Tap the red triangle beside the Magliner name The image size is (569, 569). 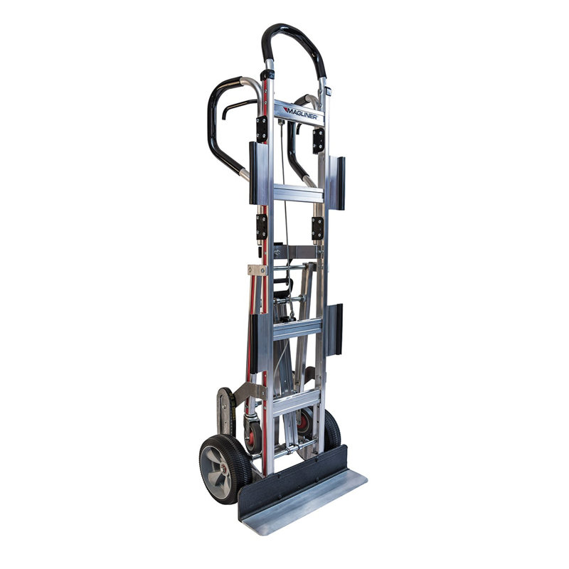point(286,110)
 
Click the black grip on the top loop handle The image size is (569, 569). point(292,43)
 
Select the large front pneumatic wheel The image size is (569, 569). point(225,469)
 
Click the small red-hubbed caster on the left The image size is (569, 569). point(252,435)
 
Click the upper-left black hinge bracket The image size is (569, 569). point(262,129)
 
